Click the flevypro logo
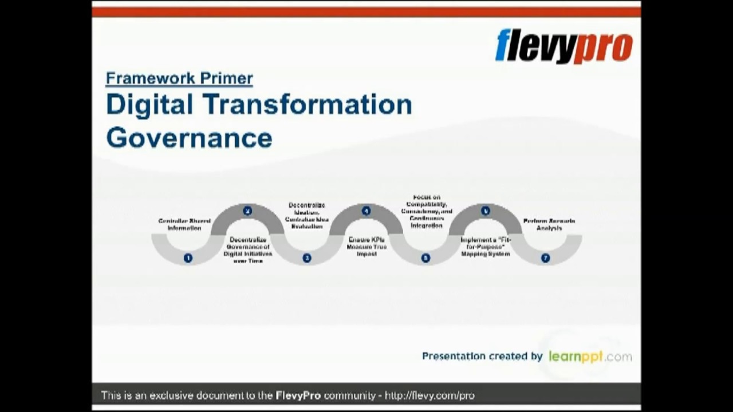[563, 46]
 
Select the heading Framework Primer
[179, 78]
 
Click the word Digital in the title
[149, 105]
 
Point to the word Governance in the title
[189, 138]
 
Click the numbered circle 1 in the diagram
[188, 258]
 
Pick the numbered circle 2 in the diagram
[247, 211]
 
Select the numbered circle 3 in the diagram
[307, 258]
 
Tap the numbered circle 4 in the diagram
[366, 211]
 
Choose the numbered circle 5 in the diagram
[425, 258]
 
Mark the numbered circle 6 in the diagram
[485, 211]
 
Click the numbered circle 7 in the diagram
[545, 258]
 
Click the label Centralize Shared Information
[184, 224]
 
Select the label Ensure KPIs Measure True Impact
[366, 247]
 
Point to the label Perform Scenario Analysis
[549, 224]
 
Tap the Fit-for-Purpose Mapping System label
[486, 247]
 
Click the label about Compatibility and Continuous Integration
[427, 212]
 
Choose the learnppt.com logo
[590, 356]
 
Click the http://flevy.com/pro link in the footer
[429, 395]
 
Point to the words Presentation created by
[482, 356]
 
